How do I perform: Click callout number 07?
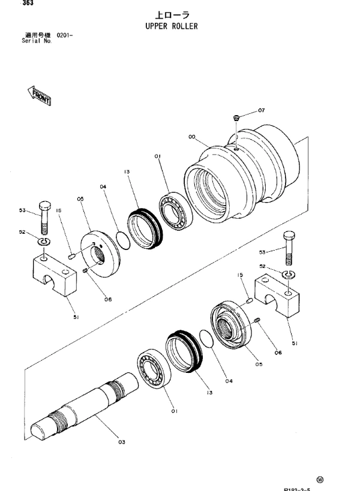coord(261,110)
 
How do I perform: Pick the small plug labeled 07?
coord(237,117)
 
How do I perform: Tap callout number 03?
coord(122,442)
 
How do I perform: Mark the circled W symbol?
coord(337,478)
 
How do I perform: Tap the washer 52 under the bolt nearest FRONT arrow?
coord(43,242)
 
